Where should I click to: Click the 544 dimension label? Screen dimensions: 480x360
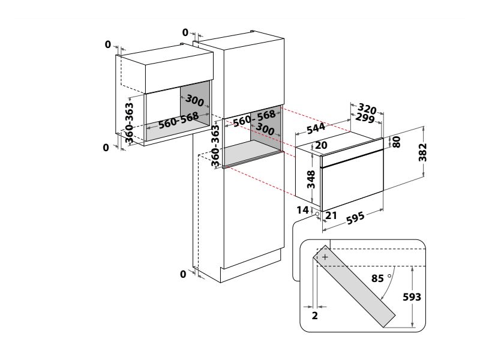[316, 128]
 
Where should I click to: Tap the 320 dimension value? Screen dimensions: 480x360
[367, 109]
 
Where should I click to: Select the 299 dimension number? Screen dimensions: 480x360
[365, 118]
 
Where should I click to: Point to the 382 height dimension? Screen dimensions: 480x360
[422, 152]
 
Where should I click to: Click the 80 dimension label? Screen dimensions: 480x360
[396, 142]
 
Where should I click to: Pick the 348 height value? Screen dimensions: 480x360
[311, 179]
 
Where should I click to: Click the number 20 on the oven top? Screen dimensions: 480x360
[321, 145]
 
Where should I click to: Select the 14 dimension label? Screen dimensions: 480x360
[302, 210]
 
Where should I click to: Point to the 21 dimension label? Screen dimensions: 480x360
[331, 215]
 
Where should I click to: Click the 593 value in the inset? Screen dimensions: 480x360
[412, 296]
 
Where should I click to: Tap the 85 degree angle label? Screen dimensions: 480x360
[377, 278]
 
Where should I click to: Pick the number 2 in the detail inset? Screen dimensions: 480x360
[314, 316]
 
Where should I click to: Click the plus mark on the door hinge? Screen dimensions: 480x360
[325, 257]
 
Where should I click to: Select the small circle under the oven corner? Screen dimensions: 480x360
[317, 214]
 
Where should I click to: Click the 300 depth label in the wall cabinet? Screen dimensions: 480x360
[194, 101]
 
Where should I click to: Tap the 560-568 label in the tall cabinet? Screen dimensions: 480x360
[254, 118]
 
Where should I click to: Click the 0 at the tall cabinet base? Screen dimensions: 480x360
[183, 274]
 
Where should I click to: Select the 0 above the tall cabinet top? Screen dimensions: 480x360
[185, 32]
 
